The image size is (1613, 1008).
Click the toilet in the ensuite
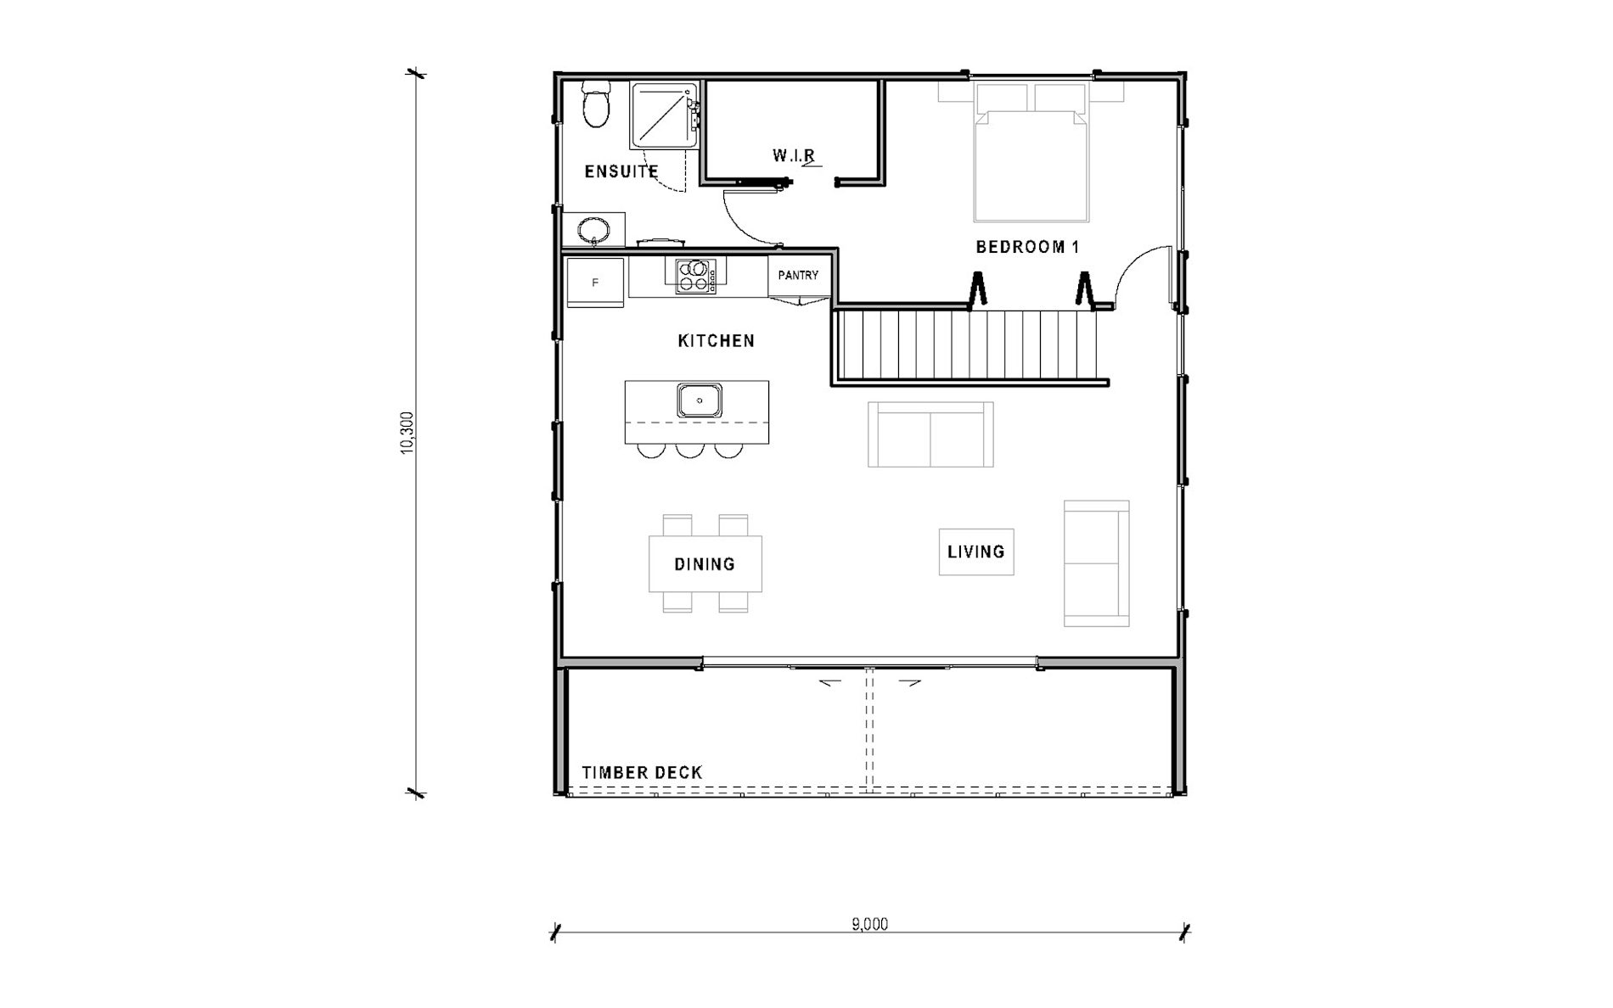[597, 104]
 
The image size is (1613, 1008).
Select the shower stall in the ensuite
[664, 115]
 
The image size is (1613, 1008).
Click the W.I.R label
[795, 156]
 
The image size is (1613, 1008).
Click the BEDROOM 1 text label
[1027, 247]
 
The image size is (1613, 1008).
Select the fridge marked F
[595, 283]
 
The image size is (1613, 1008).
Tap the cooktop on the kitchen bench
[695, 276]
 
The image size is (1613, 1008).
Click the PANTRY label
[798, 275]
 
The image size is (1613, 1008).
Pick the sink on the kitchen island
[700, 400]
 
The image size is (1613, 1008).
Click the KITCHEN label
[717, 341]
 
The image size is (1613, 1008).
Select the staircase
[969, 346]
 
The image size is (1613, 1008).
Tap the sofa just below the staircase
[930, 434]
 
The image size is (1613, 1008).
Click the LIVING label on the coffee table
[976, 552]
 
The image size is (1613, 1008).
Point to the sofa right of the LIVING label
[1097, 563]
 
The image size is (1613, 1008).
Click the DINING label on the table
[705, 564]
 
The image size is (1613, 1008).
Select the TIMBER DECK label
[642, 773]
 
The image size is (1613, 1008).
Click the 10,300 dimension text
[407, 433]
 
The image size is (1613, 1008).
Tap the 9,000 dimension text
[870, 924]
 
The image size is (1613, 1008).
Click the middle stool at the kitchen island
[689, 451]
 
